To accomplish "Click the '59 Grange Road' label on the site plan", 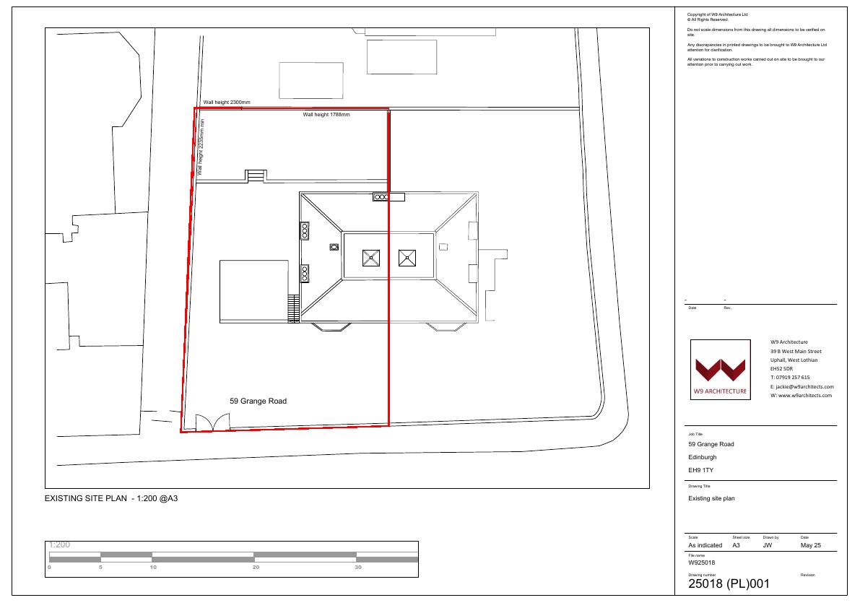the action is (x=258, y=401).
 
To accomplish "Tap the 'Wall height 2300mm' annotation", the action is (x=227, y=103).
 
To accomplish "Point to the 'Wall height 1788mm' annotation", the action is (x=326, y=115).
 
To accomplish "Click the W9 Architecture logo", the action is (x=720, y=370).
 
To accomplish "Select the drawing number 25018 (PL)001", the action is (x=729, y=584).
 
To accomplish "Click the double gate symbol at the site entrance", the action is (x=213, y=422).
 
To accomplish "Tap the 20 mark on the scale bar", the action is (x=256, y=568).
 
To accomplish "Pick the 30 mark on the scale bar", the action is (x=358, y=568).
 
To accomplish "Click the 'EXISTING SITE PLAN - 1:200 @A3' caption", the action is (x=111, y=498).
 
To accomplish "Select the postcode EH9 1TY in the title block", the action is (x=701, y=470).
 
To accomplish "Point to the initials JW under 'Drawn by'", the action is (x=768, y=545).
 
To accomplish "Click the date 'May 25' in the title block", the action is (x=811, y=545).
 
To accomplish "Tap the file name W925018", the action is (x=701, y=563).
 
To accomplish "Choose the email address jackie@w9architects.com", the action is (x=804, y=387).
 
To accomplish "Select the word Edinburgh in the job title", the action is (x=703, y=457).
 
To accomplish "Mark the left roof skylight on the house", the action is (x=371, y=258).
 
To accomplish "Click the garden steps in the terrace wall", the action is (x=256, y=176).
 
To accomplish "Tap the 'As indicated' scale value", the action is (x=705, y=545).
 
